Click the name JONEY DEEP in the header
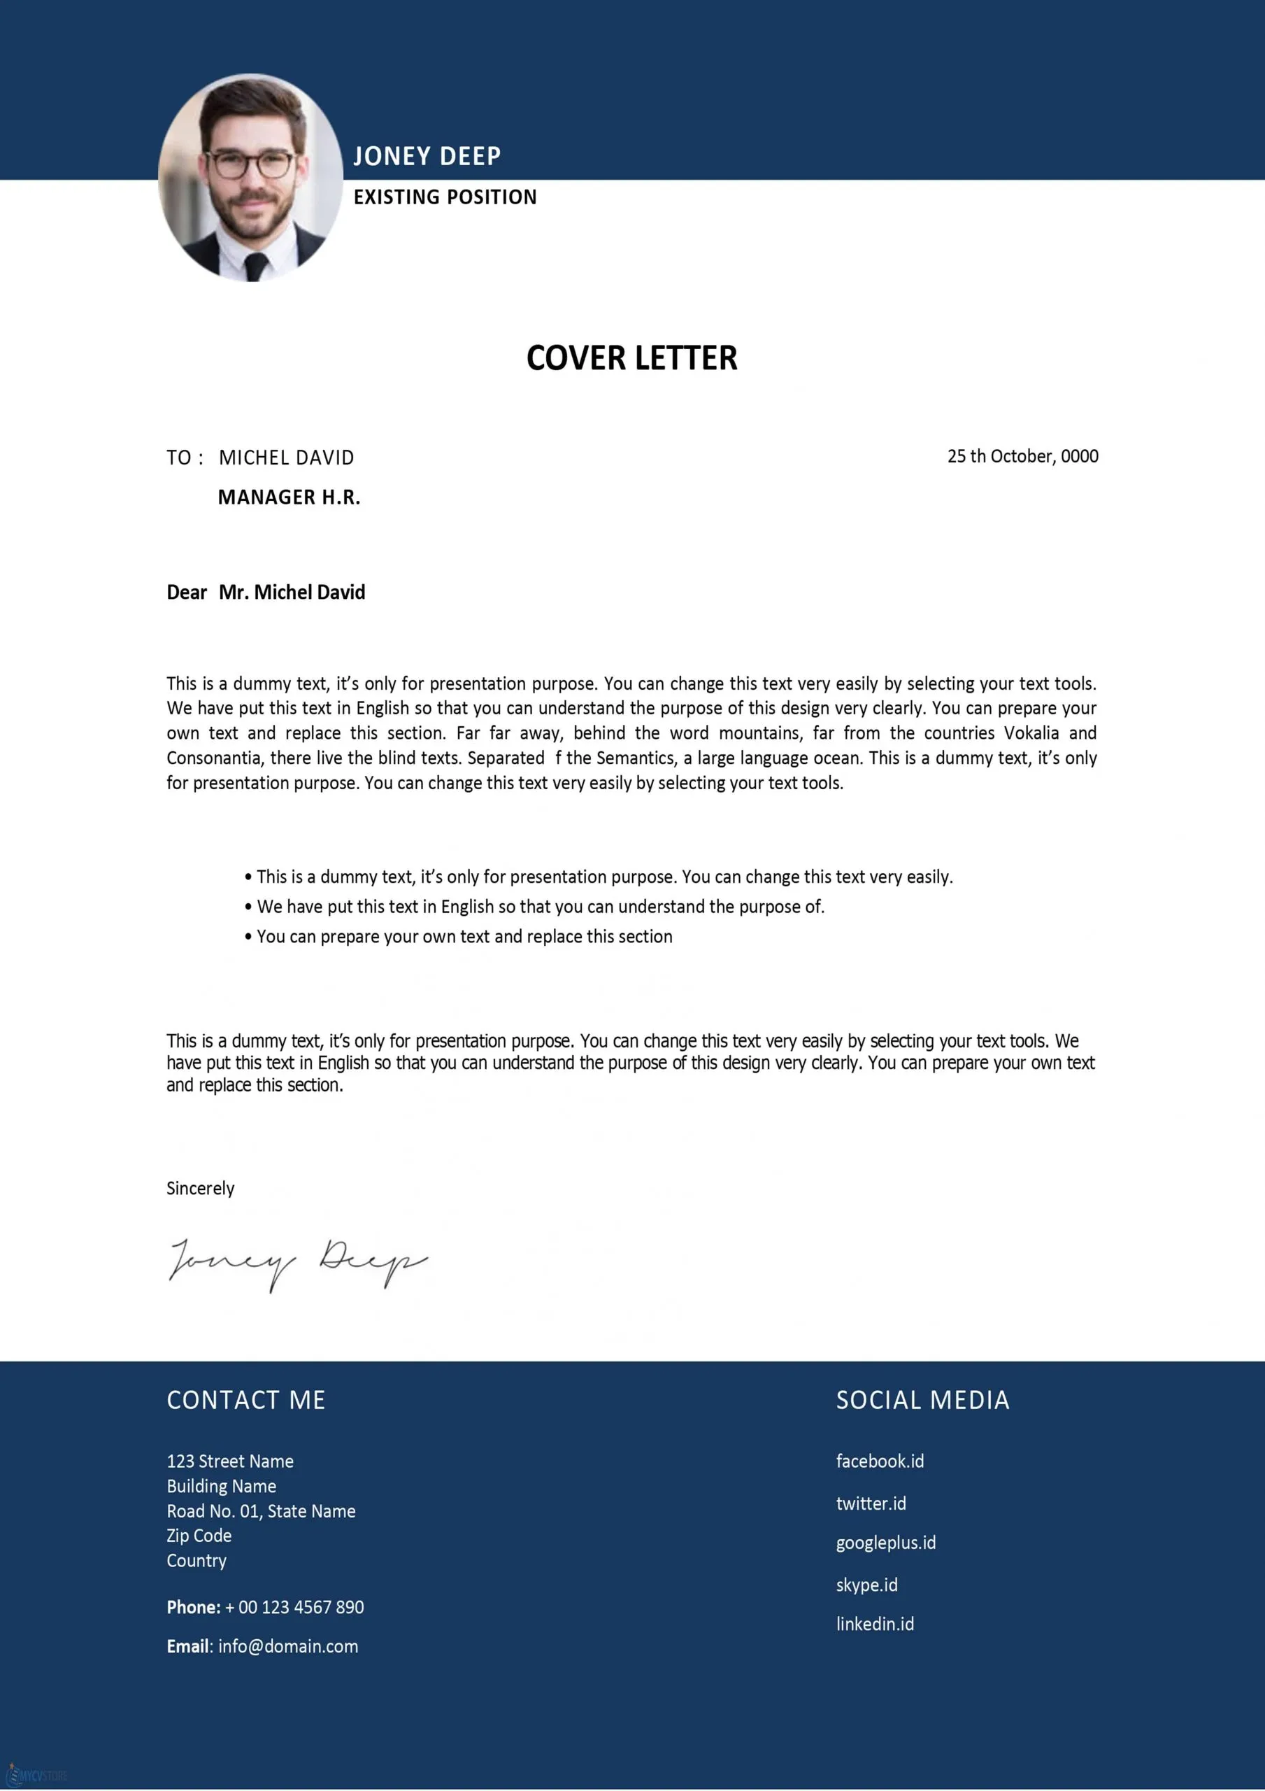(x=427, y=156)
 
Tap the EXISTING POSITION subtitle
(x=445, y=197)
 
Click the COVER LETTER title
(x=631, y=358)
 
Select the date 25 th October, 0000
(x=1022, y=456)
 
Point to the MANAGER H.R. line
(x=289, y=497)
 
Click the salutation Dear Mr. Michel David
(x=265, y=592)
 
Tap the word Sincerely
(x=201, y=1188)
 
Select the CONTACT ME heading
(x=245, y=1400)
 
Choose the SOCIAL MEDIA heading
(x=922, y=1400)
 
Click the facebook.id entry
(x=880, y=1461)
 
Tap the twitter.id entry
(x=871, y=1503)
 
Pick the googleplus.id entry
(x=886, y=1542)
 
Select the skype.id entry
(x=866, y=1585)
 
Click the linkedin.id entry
(x=875, y=1623)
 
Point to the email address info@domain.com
(x=288, y=1646)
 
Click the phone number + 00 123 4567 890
(x=294, y=1607)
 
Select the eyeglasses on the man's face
(x=250, y=164)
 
